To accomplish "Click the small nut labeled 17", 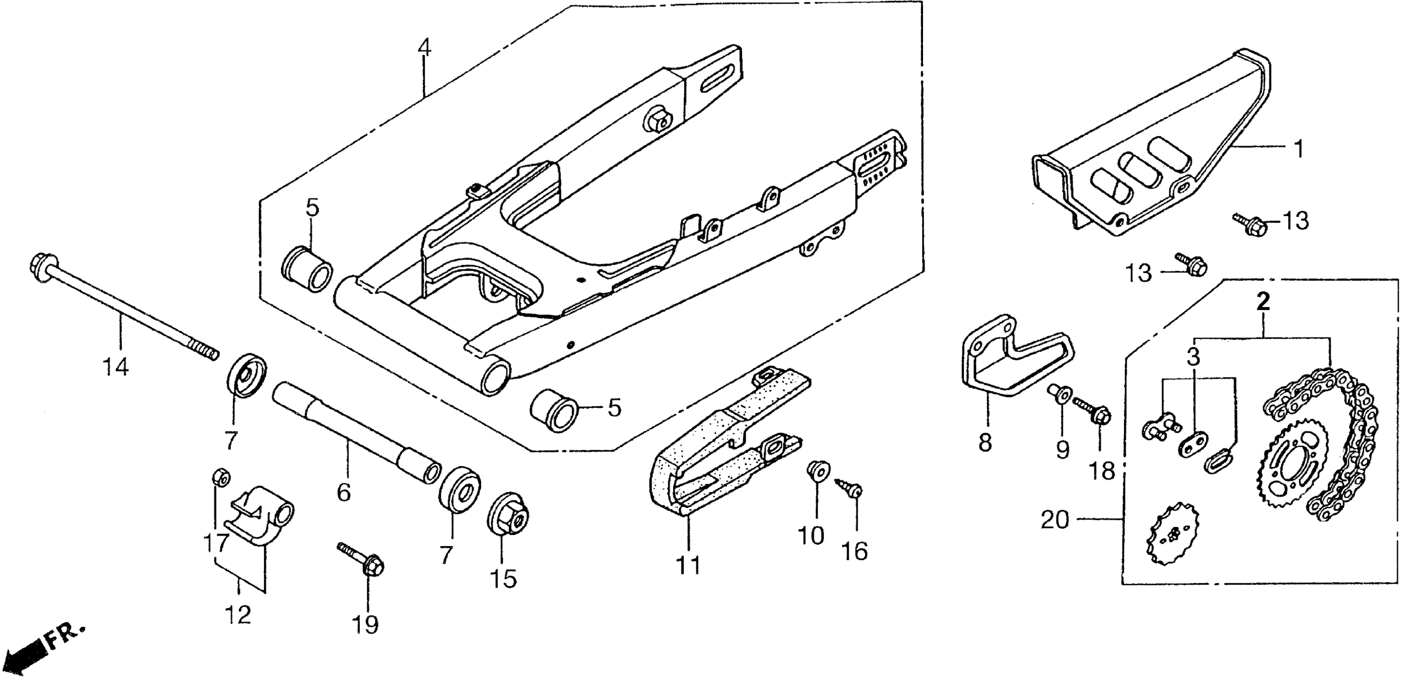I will [x=220, y=476].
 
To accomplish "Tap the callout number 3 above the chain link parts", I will [x=1194, y=358].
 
